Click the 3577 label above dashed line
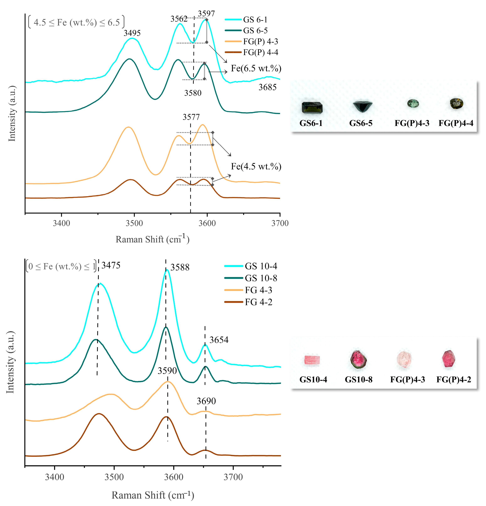191,117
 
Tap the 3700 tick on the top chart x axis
280,223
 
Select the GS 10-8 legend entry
261,278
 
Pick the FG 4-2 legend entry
258,302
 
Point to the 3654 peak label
219,340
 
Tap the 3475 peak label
111,265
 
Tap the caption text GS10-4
313,380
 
